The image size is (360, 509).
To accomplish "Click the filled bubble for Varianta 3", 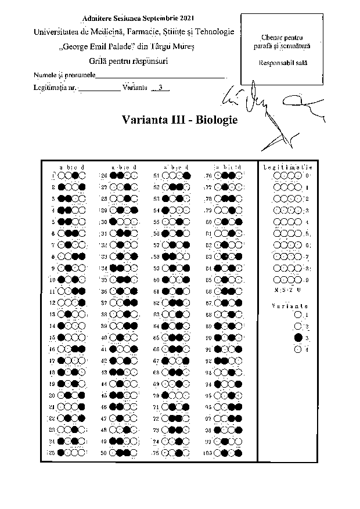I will [x=298, y=337].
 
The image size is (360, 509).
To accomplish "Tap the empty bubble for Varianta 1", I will [x=298, y=315].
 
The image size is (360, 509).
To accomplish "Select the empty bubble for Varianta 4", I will [x=298, y=349].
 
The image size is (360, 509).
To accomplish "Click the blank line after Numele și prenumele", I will [x=160, y=75].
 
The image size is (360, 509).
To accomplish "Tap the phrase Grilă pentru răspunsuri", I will [x=133, y=61].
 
